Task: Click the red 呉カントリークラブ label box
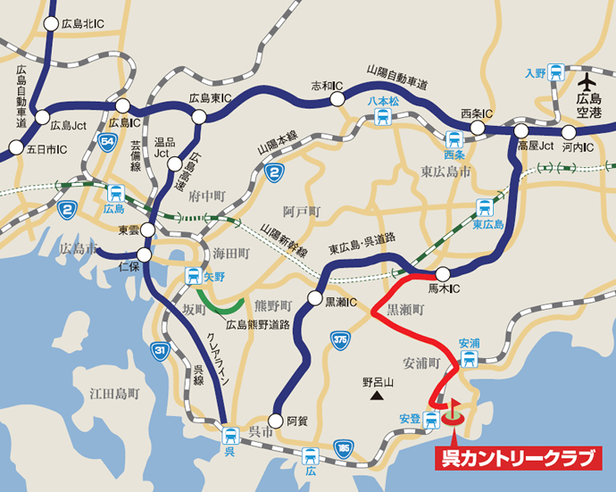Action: [x=518, y=459]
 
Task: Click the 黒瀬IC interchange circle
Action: [x=314, y=298]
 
